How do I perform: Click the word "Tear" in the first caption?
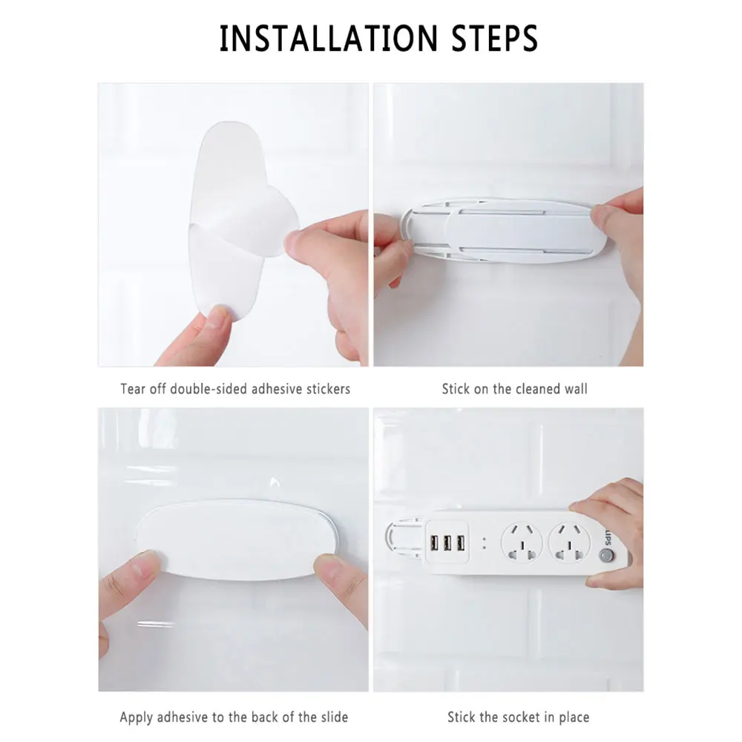coord(134,389)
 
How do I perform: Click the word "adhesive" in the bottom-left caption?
coord(182,717)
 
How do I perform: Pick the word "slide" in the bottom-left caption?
coord(331,717)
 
